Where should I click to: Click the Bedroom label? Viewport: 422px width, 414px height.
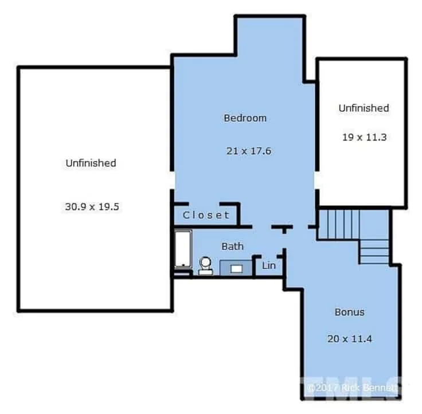pyautogui.click(x=245, y=118)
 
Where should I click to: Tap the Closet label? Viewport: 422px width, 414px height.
pyautogui.click(x=206, y=216)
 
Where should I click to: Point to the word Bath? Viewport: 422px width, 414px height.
pyautogui.click(x=232, y=246)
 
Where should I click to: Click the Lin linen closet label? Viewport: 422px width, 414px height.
pyautogui.click(x=268, y=265)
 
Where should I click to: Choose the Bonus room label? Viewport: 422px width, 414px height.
pyautogui.click(x=349, y=313)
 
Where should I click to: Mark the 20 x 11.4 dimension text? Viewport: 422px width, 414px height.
pyautogui.click(x=349, y=339)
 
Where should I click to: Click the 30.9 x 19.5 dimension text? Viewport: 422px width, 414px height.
pyautogui.click(x=92, y=206)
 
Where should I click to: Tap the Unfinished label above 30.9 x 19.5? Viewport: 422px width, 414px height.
pyautogui.click(x=91, y=163)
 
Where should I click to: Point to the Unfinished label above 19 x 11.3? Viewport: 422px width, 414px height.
pyautogui.click(x=364, y=108)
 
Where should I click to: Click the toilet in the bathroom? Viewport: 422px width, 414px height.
pyautogui.click(x=205, y=265)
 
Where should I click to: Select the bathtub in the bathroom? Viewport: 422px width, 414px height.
pyautogui.click(x=183, y=249)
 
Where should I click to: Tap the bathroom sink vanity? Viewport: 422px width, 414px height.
pyautogui.click(x=235, y=268)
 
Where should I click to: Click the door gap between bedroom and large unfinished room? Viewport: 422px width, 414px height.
pyautogui.click(x=171, y=180)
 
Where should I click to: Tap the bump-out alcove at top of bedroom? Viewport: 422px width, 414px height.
pyautogui.click(x=269, y=37)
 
